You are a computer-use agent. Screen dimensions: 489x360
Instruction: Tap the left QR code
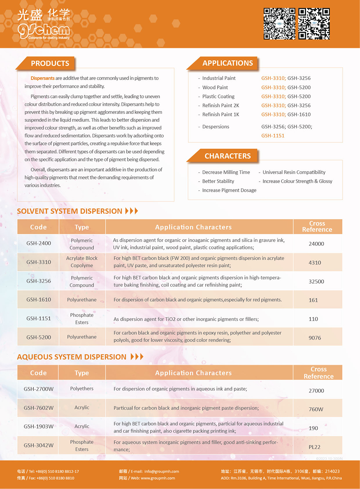click(x=279, y=24)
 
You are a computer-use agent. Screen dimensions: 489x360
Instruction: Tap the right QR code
click(x=314, y=24)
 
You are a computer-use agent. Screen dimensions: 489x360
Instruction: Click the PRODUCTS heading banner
click(x=50, y=63)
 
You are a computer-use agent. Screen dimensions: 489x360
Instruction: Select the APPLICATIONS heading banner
click(x=228, y=63)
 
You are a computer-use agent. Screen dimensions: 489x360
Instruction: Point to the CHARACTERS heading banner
click(x=228, y=156)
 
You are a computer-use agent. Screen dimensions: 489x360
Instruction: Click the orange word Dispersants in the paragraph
click(x=42, y=78)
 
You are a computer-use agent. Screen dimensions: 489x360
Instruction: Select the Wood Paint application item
click(x=215, y=87)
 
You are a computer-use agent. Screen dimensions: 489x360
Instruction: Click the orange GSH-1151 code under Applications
click(x=273, y=135)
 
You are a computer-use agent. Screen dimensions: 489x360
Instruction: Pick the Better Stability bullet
click(x=218, y=181)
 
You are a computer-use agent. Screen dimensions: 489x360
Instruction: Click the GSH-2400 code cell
click(x=39, y=243)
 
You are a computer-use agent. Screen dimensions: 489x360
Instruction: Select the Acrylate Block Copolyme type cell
click(x=82, y=262)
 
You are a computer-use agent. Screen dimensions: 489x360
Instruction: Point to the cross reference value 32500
click(x=316, y=281)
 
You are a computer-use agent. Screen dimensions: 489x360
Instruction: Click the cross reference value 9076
click(x=315, y=338)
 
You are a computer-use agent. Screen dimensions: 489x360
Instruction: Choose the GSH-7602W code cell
click(x=39, y=408)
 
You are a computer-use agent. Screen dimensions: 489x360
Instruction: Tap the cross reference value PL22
click(x=314, y=447)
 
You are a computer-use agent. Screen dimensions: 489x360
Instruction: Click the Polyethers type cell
click(x=82, y=388)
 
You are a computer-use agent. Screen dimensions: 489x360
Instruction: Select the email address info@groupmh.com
click(x=162, y=471)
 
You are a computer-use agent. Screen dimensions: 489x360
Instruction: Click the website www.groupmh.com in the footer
click(x=158, y=478)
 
